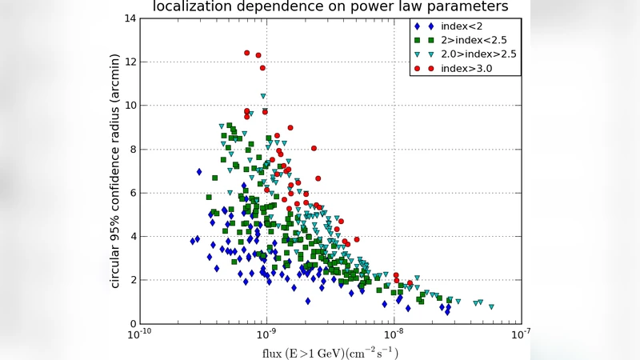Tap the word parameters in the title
[x=464, y=7]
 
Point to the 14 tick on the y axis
[x=127, y=18]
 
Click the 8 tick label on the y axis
[x=130, y=150]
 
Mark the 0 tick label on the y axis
[x=130, y=324]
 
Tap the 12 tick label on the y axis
[x=127, y=62]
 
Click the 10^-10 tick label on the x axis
[x=140, y=335]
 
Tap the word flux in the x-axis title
[x=274, y=352]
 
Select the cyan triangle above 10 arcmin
[x=263, y=96]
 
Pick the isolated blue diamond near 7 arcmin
[x=199, y=171]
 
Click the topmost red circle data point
[x=247, y=53]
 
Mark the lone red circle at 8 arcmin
[x=314, y=148]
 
